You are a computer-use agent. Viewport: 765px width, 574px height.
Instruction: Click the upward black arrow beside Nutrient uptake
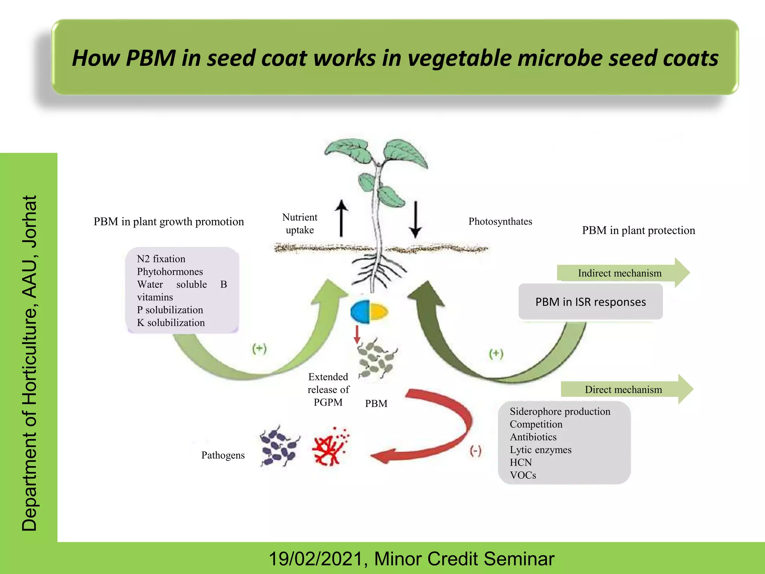(341, 219)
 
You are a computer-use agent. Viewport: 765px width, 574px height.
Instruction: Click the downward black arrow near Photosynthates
(415, 220)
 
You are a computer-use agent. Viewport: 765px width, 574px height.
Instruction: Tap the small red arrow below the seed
(357, 334)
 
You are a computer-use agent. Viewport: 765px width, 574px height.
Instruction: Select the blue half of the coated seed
(360, 312)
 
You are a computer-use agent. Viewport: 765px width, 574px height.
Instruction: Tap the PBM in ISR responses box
(591, 302)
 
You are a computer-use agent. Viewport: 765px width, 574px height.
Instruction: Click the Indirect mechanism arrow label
(620, 273)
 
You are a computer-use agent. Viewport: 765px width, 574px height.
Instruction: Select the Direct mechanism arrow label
(623, 389)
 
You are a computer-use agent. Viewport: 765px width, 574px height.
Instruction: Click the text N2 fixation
(161, 259)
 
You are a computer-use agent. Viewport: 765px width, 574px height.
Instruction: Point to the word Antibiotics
(533, 437)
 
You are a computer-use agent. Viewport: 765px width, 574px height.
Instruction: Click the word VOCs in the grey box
(523, 475)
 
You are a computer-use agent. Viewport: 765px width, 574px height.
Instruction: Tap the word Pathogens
(223, 455)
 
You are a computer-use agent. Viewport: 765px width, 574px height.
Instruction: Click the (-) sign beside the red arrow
(476, 451)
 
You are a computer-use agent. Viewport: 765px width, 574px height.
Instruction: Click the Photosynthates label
(500, 221)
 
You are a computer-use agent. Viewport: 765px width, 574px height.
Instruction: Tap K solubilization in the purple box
(171, 323)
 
